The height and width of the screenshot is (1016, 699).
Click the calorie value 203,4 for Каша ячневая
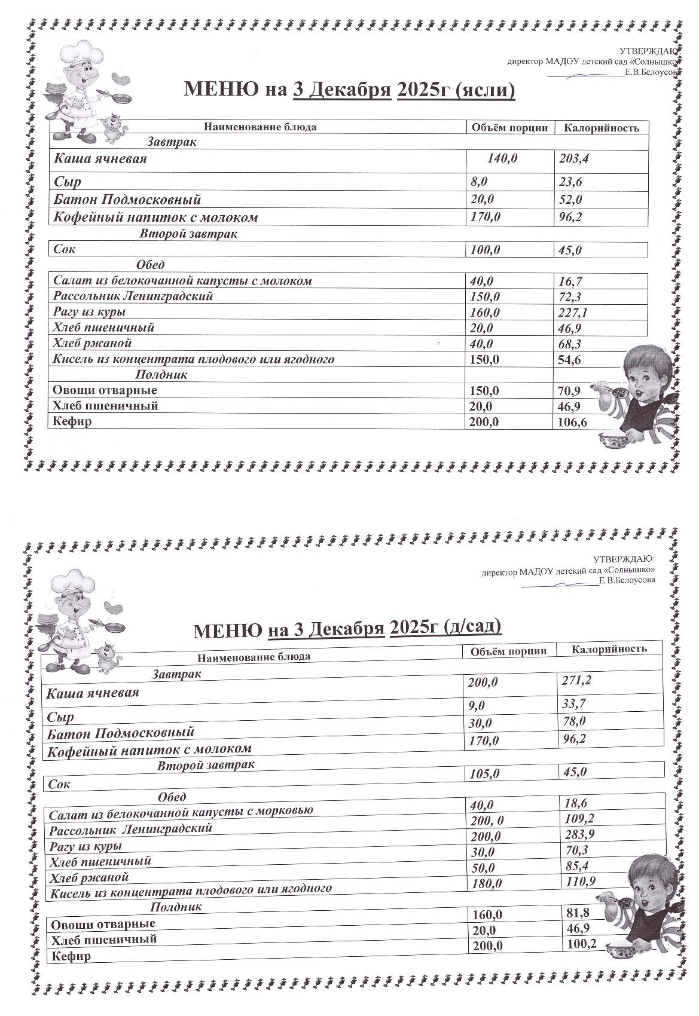(x=573, y=159)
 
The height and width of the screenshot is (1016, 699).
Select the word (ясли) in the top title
(x=485, y=90)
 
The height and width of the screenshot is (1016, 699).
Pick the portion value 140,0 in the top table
(x=502, y=159)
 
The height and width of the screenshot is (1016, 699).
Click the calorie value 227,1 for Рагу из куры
(x=572, y=313)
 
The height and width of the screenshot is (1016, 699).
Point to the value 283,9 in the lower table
(x=579, y=834)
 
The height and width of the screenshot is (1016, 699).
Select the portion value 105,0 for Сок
(x=485, y=774)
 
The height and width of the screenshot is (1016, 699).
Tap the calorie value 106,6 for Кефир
(x=572, y=423)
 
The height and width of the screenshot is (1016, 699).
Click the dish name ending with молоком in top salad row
(x=182, y=281)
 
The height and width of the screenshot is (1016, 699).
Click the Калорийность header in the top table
(x=602, y=128)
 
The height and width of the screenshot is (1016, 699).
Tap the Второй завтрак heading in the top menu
(x=188, y=234)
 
